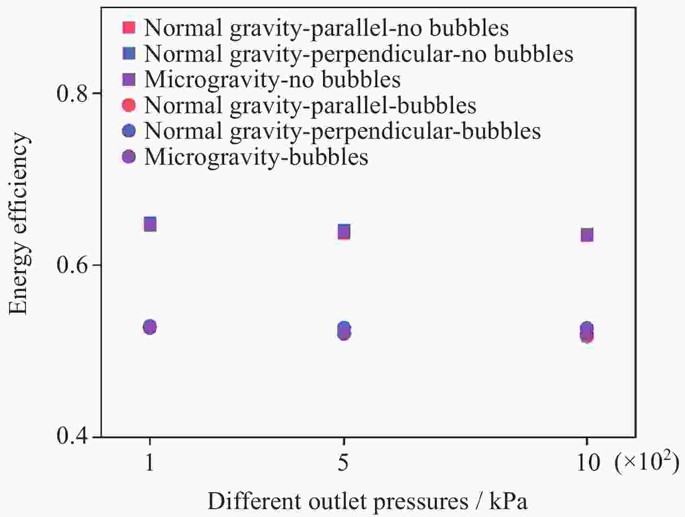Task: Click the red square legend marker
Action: pos(129,27)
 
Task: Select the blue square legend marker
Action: pos(129,53)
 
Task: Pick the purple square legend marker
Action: pos(129,79)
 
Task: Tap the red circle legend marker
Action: pos(129,105)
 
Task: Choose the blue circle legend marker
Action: pos(129,131)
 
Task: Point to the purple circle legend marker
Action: pos(129,156)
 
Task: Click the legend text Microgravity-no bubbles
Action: pos(272,80)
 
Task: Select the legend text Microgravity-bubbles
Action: pos(256,157)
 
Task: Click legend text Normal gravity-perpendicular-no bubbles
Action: pos(359,54)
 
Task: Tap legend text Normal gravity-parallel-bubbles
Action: pos(310,106)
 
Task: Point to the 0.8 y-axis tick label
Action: pos(72,93)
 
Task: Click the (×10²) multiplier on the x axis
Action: pos(646,462)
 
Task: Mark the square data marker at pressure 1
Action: pos(150,224)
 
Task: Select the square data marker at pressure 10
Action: pos(587,235)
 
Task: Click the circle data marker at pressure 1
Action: pos(150,327)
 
